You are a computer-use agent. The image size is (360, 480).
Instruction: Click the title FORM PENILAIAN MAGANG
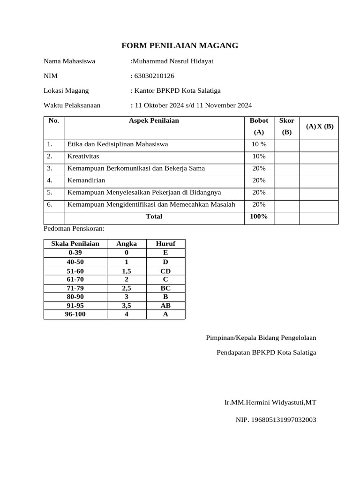coord(180,45)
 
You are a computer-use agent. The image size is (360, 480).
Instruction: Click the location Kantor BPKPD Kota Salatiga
coord(175,90)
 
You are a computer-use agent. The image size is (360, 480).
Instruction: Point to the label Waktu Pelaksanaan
coord(72,105)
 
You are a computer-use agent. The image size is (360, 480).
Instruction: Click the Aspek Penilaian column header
coord(154,121)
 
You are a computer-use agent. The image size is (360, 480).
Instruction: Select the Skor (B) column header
coord(286,127)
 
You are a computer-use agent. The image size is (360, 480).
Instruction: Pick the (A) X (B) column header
coord(319,127)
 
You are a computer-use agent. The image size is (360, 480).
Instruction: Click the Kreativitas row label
coord(83,156)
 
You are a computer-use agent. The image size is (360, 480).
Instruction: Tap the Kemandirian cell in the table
coord(86,180)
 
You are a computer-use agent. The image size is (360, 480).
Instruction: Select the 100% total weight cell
coord(259,217)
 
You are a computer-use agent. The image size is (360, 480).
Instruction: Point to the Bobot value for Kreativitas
coord(259,156)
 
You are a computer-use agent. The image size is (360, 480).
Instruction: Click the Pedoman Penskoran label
coord(74,229)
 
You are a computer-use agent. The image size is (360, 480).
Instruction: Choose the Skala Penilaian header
coord(75,244)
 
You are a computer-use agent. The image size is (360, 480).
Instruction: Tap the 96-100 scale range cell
coord(75,315)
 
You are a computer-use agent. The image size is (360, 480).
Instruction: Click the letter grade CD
coord(165,271)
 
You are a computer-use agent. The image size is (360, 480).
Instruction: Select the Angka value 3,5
coord(127,306)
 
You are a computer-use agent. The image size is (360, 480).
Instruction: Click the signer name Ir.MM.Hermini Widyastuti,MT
coord(270,403)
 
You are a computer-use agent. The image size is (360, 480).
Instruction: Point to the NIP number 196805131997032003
coord(276,420)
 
